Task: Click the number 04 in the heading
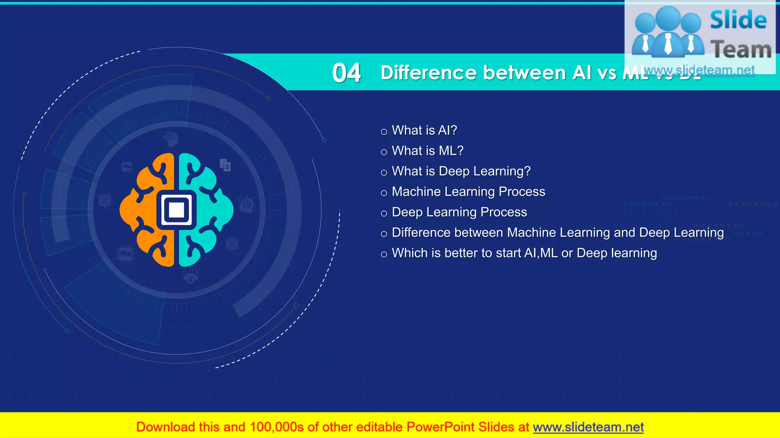(x=346, y=73)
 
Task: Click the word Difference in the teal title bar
(x=428, y=73)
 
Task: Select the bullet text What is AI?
(x=424, y=130)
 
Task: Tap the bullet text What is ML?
(x=427, y=151)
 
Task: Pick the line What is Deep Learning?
(x=461, y=171)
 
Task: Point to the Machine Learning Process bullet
(x=468, y=192)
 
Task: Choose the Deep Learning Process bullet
(x=459, y=212)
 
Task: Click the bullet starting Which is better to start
(x=524, y=253)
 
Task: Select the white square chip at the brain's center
(x=176, y=210)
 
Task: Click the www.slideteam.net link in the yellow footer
(x=588, y=427)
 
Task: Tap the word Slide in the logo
(x=738, y=21)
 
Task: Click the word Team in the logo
(x=741, y=50)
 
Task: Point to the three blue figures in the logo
(x=668, y=32)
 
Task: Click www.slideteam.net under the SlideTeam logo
(x=699, y=70)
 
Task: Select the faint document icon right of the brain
(x=225, y=165)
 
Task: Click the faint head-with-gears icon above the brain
(x=171, y=139)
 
